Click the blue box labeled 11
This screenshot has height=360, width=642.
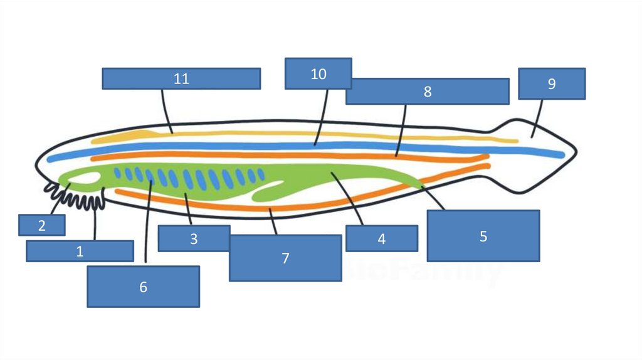pos(181,78)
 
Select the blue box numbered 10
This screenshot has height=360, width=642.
pos(318,74)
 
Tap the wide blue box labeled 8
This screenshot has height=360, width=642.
pos(427,91)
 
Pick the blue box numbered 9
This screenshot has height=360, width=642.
pos(552,83)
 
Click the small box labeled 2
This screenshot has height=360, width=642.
pos(41,225)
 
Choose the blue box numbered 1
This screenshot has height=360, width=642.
pos(80,251)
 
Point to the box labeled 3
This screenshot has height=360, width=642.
pos(194,238)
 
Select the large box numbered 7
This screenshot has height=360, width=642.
pos(285,258)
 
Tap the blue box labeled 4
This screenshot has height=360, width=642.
pos(381,238)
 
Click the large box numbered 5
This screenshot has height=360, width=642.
pos(483,236)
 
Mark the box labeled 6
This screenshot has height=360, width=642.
pos(143,287)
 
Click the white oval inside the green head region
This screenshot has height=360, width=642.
pos(85,178)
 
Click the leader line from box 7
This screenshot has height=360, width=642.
pos(273,221)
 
